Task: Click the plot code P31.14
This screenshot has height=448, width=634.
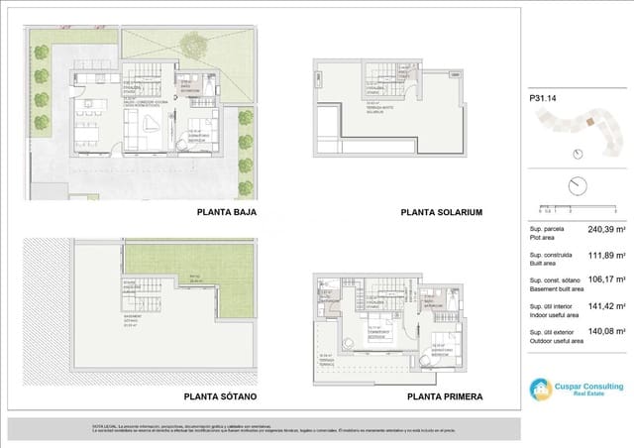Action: [x=543, y=97]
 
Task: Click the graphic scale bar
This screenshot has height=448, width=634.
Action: [x=575, y=207]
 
